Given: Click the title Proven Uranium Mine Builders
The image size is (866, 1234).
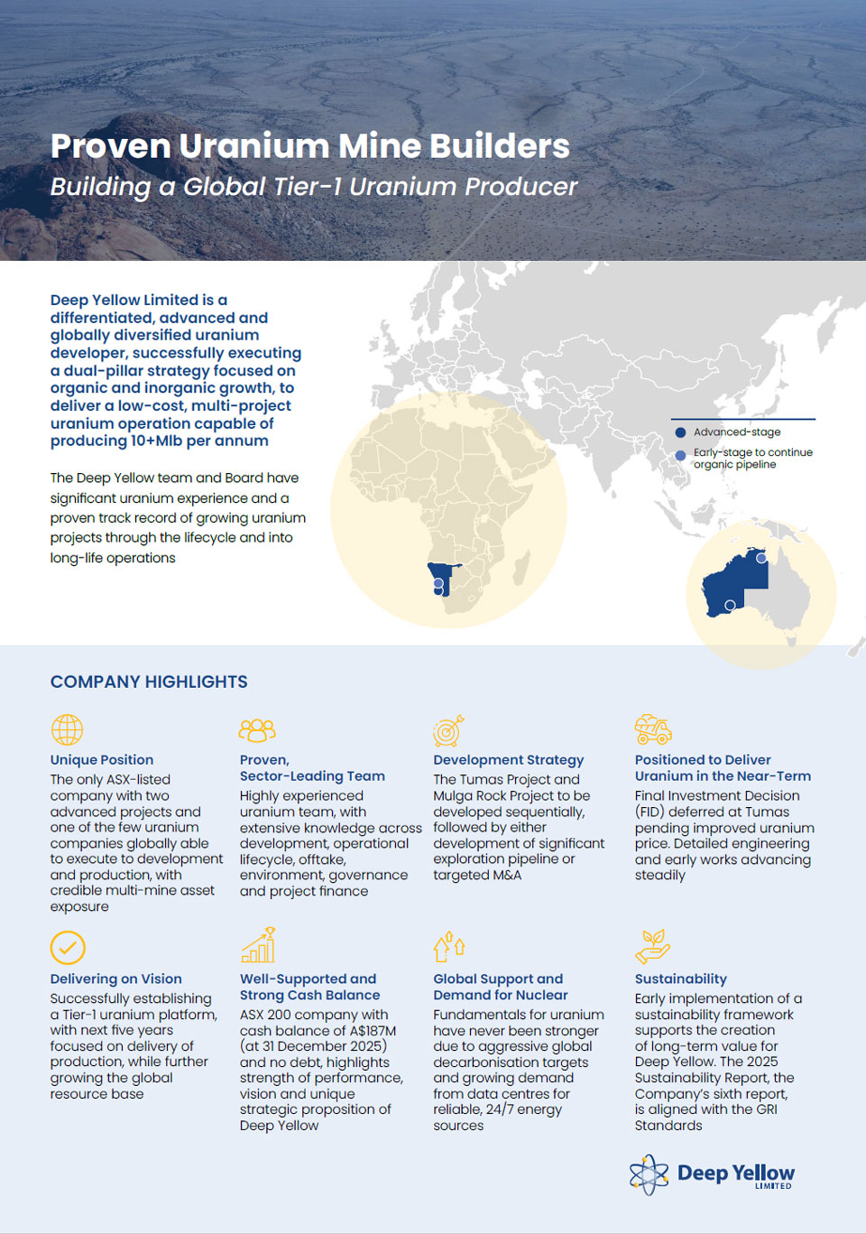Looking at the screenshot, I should click(x=309, y=146).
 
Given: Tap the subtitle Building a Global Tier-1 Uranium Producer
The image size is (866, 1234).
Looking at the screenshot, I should click(x=313, y=187).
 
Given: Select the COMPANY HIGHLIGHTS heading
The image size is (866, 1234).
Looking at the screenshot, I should click(x=149, y=682).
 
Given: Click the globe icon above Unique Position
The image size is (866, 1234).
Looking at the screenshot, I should click(x=67, y=729).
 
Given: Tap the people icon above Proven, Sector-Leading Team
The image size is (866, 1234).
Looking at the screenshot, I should click(x=257, y=729).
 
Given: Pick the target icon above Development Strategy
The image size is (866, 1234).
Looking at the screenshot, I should click(x=448, y=730).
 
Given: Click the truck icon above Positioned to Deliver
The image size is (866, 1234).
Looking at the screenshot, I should click(x=653, y=728).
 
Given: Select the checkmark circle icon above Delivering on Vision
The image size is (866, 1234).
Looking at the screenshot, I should click(x=68, y=948).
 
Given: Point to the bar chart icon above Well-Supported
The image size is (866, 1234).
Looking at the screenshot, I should click(x=258, y=945).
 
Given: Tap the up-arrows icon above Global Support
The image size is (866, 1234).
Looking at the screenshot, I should click(x=449, y=946).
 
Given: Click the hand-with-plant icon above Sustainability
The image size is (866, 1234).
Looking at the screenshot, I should click(x=653, y=946).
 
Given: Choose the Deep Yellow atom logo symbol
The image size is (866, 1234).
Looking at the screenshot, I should click(x=649, y=1174).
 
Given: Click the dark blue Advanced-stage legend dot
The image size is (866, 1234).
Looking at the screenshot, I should click(x=681, y=432).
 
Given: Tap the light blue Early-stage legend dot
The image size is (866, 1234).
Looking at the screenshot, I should click(x=681, y=456).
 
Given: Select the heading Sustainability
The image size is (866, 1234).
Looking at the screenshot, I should click(x=680, y=979).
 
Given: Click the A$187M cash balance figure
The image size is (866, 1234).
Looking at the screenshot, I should click(x=366, y=1030).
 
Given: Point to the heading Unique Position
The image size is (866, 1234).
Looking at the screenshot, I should click(x=102, y=760).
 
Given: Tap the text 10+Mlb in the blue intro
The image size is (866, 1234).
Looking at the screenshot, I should click(x=156, y=441).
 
